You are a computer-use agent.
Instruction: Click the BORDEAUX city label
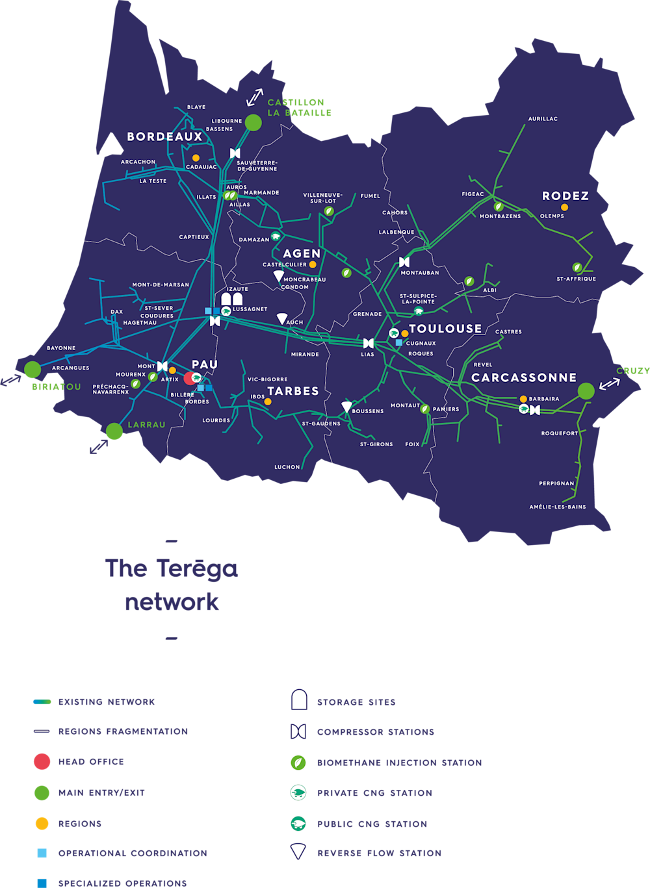click(164, 136)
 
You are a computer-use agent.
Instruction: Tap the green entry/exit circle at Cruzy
click(586, 391)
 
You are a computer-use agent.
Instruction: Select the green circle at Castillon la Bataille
click(253, 122)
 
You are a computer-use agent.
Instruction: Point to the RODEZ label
click(565, 196)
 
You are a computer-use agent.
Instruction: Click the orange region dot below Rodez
click(564, 207)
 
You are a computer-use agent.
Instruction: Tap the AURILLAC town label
click(543, 119)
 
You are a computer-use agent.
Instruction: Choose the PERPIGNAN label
click(556, 483)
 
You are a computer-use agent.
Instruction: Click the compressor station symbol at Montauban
click(404, 262)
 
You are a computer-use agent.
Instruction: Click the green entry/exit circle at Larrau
click(114, 431)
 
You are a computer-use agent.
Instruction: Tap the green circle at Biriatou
click(32, 369)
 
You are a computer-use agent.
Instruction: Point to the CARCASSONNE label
click(524, 377)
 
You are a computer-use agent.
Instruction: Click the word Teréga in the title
click(197, 568)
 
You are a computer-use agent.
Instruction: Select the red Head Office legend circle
click(42, 761)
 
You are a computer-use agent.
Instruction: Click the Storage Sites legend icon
click(298, 700)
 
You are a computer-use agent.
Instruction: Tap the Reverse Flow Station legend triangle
click(298, 852)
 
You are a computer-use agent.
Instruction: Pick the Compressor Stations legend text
click(375, 732)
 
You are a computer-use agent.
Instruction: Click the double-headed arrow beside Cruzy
click(609, 384)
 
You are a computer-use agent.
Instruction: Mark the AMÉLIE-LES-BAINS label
click(557, 507)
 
